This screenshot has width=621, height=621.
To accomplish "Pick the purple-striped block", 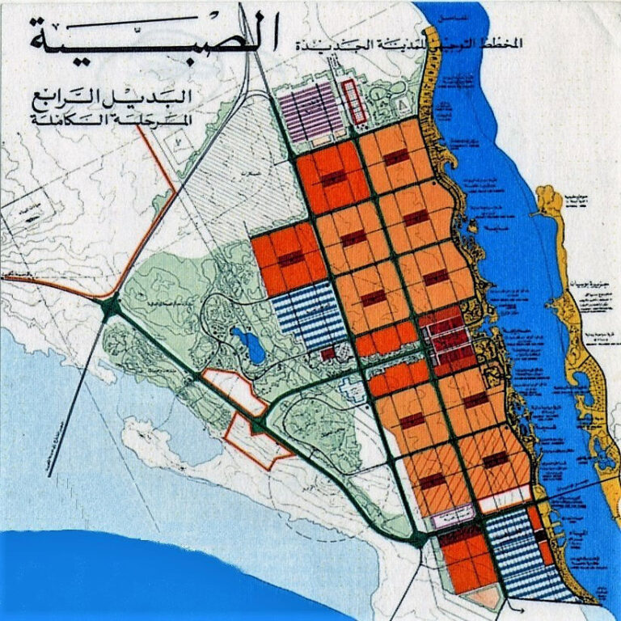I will [311, 112].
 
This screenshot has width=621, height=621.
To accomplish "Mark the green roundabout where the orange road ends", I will [109, 306].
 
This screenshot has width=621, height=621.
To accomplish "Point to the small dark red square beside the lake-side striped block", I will [327, 353].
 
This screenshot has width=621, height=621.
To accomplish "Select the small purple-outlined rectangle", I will [452, 516].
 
